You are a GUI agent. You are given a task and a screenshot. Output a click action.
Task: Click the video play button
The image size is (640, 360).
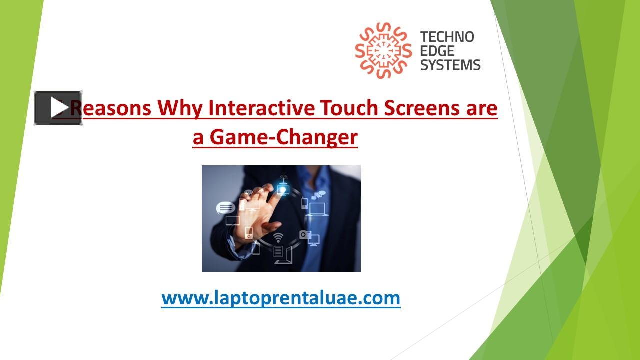click(x=58, y=108)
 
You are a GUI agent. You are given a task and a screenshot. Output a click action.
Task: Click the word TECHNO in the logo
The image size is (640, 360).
click(x=447, y=37)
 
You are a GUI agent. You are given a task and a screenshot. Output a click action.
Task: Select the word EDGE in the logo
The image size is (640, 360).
click(x=437, y=51)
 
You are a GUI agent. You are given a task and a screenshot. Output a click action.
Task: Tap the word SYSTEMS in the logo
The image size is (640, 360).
click(x=450, y=64)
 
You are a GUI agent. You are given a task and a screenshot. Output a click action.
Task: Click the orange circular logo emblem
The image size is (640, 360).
click(x=383, y=51)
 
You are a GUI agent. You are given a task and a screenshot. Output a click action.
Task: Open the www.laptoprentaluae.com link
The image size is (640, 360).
click(x=281, y=298)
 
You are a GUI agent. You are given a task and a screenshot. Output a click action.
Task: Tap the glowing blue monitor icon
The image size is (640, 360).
click(x=283, y=190)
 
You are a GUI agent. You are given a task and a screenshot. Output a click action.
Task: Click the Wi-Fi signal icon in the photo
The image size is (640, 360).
click(x=278, y=236)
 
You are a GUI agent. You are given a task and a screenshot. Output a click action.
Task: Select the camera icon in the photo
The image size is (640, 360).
click(x=304, y=234)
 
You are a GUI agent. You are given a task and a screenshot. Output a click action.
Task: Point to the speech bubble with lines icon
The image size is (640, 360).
click(x=225, y=207)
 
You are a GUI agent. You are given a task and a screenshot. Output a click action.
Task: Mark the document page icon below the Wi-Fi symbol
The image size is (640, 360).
click(x=278, y=251)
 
